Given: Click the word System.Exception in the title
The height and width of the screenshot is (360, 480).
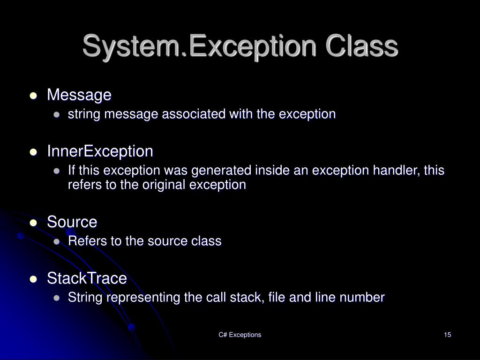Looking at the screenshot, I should click(x=185, y=47).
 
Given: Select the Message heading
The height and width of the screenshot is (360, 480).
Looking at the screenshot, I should click(x=79, y=95).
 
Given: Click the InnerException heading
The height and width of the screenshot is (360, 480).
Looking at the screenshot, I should click(x=100, y=151).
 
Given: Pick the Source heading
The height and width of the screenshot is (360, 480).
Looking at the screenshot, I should click(x=72, y=222).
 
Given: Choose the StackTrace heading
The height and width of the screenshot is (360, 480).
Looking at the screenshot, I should click(x=87, y=278).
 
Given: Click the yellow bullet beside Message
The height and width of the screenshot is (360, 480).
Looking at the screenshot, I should click(x=33, y=96).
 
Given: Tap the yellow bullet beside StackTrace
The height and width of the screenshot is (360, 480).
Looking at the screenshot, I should click(x=33, y=279).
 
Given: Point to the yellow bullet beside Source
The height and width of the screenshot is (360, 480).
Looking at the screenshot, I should click(x=33, y=223).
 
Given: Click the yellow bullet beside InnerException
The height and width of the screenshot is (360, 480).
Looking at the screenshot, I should click(x=33, y=152).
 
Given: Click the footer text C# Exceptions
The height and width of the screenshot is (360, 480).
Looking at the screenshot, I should click(x=240, y=335).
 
